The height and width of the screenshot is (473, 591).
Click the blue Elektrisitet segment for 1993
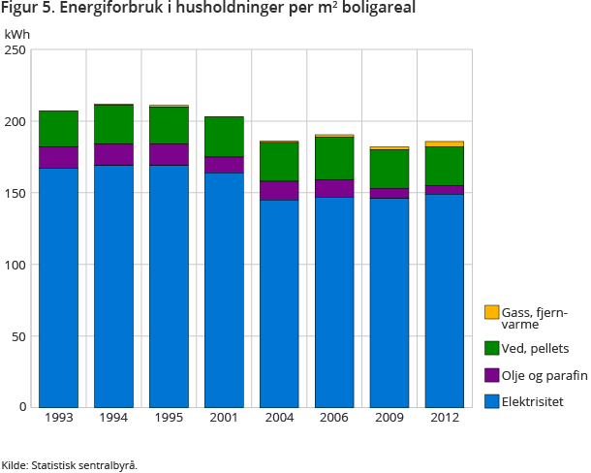58,287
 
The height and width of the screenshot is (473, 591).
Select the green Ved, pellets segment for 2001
224,137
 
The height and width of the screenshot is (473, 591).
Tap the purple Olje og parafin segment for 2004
279,190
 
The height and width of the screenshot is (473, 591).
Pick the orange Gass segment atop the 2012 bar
445,143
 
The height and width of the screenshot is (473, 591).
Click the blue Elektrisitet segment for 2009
389,302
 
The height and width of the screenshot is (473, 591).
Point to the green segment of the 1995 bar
169,125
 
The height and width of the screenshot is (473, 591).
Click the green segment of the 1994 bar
113,124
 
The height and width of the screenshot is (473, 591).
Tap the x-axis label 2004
279,419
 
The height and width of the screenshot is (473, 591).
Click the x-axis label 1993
58,419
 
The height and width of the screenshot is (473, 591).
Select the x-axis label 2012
445,419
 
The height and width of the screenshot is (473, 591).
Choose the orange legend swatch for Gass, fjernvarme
492,312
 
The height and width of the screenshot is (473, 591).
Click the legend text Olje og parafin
544,374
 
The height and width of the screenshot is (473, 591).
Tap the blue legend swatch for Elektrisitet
492,399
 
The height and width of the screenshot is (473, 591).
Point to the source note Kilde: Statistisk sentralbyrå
70,464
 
